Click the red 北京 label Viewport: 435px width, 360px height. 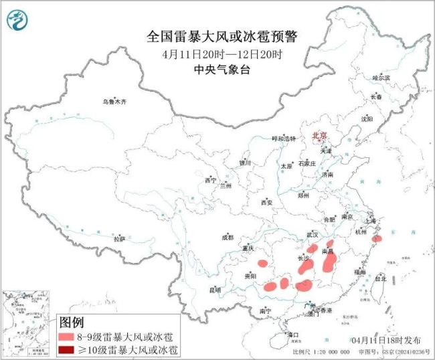[x=319, y=136]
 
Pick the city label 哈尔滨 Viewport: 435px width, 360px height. [x=381, y=78]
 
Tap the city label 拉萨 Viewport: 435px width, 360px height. [x=119, y=239]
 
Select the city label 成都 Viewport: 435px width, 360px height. [x=228, y=238]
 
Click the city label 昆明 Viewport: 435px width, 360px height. [x=214, y=290]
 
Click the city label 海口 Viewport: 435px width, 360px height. [x=291, y=333]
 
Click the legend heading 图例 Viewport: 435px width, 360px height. [x=73, y=323]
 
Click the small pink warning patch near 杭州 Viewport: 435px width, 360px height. [x=377, y=238]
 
